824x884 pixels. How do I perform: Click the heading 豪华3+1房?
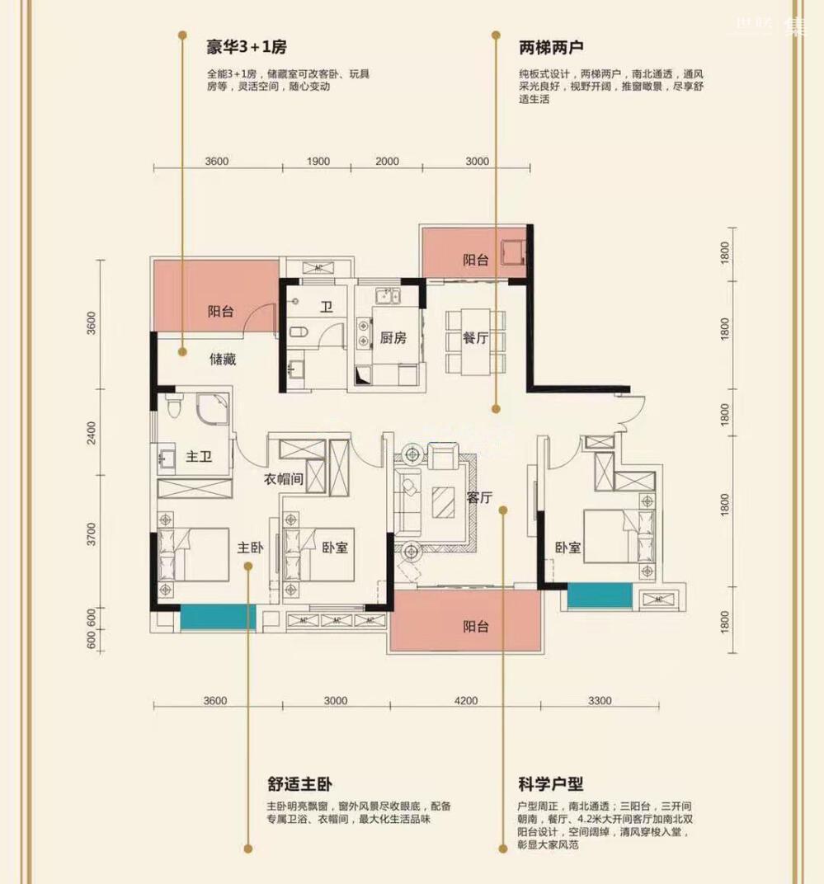point(247,47)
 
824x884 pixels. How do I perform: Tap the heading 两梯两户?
point(551,47)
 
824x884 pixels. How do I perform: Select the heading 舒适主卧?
point(299,783)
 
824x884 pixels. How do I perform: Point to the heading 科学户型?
point(550,783)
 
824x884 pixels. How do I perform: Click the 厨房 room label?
point(393,338)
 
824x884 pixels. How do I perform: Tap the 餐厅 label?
point(475,338)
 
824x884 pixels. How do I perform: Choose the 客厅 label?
point(479,497)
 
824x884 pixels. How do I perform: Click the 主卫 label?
point(199,456)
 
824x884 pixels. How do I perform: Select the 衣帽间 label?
point(284,479)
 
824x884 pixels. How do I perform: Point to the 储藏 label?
point(223,360)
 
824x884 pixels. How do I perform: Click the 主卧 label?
point(250,548)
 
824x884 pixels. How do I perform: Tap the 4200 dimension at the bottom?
point(465,701)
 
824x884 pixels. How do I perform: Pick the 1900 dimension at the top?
point(318,162)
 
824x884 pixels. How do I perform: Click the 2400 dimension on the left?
point(92,432)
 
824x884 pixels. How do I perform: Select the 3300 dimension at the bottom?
point(600,701)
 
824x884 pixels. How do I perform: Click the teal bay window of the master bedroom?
point(218,618)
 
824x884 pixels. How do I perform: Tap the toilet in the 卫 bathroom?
point(299,331)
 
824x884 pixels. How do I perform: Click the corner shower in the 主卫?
point(213,409)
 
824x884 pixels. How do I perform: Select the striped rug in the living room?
point(443,502)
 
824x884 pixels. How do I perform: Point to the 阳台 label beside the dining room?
point(475,260)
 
